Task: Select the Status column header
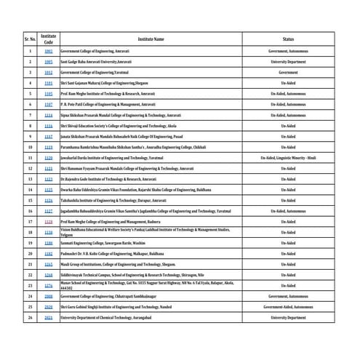(288, 39)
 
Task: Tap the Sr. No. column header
(30, 39)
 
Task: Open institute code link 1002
(49, 52)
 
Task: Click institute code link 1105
(49, 94)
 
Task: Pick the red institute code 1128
(49, 221)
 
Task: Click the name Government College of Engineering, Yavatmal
(98, 73)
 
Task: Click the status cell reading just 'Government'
(288, 73)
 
